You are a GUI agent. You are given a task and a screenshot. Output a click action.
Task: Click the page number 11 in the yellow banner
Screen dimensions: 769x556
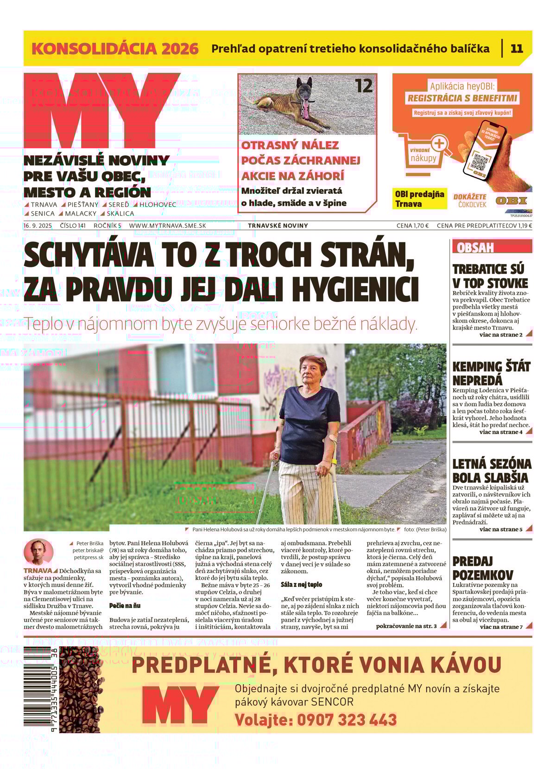(517, 49)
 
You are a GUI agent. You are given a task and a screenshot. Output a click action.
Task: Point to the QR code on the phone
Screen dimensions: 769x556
(480, 161)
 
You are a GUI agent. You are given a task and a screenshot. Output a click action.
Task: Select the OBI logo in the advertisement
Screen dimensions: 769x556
(511, 201)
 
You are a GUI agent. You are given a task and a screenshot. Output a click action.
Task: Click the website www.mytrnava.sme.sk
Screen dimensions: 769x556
(167, 226)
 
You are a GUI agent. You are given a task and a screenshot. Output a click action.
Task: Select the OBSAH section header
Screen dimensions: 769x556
(475, 248)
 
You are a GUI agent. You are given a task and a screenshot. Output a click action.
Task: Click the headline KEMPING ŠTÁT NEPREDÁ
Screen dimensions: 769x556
(491, 374)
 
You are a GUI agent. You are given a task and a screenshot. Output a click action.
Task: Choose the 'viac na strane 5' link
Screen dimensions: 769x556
(500, 529)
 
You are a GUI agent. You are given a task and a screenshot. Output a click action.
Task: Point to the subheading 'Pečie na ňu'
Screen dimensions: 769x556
(125, 606)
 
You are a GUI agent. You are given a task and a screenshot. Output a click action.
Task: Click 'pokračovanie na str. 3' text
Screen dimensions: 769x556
(406, 626)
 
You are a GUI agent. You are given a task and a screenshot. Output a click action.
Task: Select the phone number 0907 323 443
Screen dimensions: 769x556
(347, 720)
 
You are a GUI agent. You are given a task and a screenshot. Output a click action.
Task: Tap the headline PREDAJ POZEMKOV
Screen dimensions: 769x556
(482, 568)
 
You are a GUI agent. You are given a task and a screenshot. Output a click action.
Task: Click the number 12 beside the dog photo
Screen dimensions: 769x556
(364, 86)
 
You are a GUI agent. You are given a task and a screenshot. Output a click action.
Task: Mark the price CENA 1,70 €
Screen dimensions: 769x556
(412, 226)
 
